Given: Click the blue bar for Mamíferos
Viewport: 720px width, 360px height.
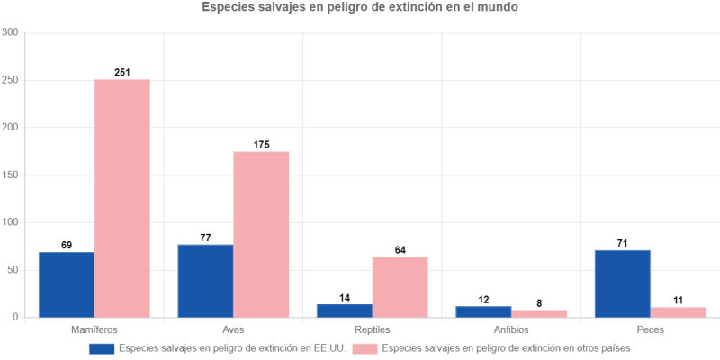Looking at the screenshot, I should [x=67, y=284].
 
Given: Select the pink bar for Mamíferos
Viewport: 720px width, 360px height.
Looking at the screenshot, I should [x=122, y=198].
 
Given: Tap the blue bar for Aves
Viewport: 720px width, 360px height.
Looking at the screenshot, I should [x=205, y=281].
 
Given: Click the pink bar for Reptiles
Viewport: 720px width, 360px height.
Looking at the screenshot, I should [x=400, y=287].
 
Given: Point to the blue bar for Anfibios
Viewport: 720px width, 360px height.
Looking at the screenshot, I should [x=483, y=311].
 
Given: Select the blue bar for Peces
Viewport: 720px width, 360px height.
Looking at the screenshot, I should [x=622, y=283].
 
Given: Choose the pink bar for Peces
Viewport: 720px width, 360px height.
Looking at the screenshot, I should [x=678, y=312].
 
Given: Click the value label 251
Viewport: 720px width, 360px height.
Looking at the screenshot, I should [x=122, y=72].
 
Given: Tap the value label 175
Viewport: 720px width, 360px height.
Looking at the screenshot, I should [x=261, y=144].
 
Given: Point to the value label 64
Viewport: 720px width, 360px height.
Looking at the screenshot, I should [x=400, y=249].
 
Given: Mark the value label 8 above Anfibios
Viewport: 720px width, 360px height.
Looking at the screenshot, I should [x=539, y=302].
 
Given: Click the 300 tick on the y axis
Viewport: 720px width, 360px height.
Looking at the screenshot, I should [x=11, y=33].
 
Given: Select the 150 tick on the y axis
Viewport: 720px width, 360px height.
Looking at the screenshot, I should [x=11, y=175].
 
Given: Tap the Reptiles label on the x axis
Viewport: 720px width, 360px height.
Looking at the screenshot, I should [x=372, y=329].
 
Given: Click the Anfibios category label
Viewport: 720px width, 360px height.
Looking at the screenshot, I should [x=510, y=329].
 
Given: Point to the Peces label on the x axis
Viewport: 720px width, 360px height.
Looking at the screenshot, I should [x=650, y=329].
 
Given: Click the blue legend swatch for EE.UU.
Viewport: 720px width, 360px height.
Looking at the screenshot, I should [x=101, y=347].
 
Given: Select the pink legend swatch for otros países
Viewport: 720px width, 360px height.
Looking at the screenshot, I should [x=364, y=347].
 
